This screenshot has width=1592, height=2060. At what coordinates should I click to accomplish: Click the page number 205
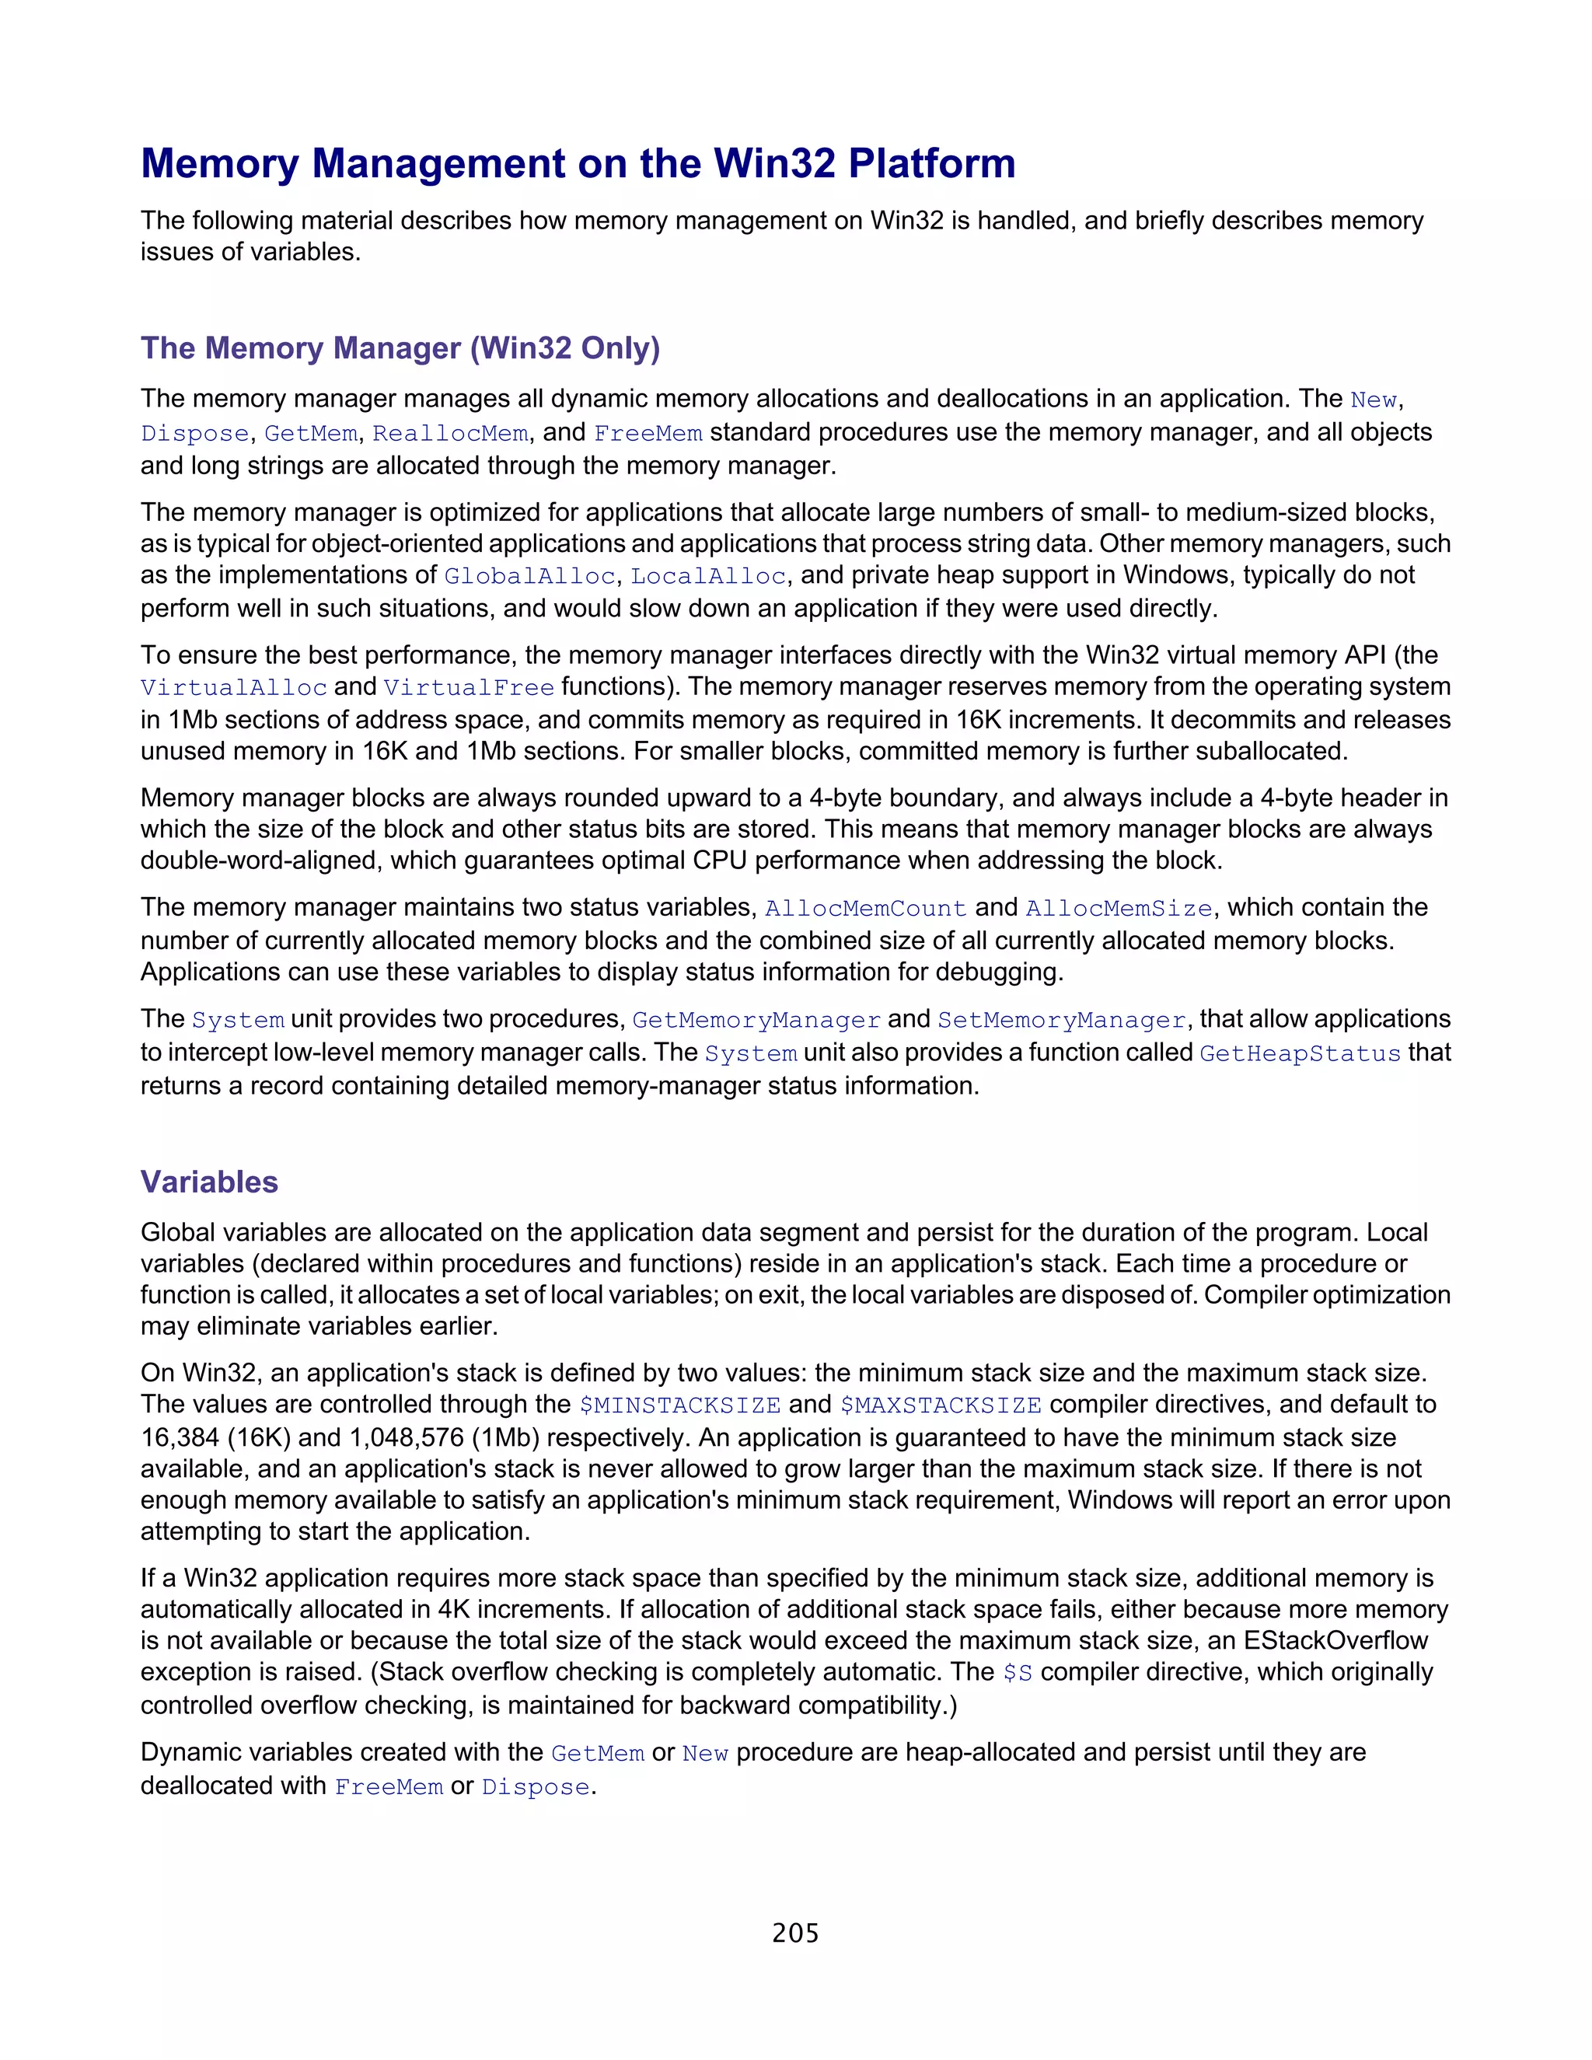[x=795, y=1933]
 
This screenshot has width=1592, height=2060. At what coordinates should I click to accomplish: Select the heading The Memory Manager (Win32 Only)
[x=400, y=348]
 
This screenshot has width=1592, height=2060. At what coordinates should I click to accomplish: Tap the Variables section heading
[x=209, y=1182]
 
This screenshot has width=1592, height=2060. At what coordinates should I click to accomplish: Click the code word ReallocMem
[x=450, y=434]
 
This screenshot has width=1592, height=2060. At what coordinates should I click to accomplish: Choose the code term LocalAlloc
[x=708, y=576]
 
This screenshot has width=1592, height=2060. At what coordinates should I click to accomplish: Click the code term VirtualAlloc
[x=234, y=688]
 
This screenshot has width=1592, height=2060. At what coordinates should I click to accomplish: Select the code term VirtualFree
[x=469, y=688]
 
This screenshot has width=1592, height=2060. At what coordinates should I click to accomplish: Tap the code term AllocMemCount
[x=866, y=908]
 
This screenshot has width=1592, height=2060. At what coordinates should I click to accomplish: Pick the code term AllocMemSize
[x=1119, y=908]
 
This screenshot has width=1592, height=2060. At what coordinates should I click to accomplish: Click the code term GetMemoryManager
[x=756, y=1021]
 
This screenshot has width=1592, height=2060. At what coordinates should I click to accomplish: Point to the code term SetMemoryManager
[x=1061, y=1021]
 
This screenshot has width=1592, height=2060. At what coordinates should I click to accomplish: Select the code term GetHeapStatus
[x=1300, y=1053]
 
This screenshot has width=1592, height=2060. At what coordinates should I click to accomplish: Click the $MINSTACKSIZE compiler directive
[x=680, y=1405]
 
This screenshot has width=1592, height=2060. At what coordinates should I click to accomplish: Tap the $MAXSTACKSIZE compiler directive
[x=941, y=1405]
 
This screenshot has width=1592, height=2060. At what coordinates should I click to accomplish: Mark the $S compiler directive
[x=1018, y=1674]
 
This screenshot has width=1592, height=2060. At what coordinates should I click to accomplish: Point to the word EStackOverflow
[x=1335, y=1640]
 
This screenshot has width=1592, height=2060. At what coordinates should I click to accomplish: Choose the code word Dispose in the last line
[x=536, y=1787]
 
